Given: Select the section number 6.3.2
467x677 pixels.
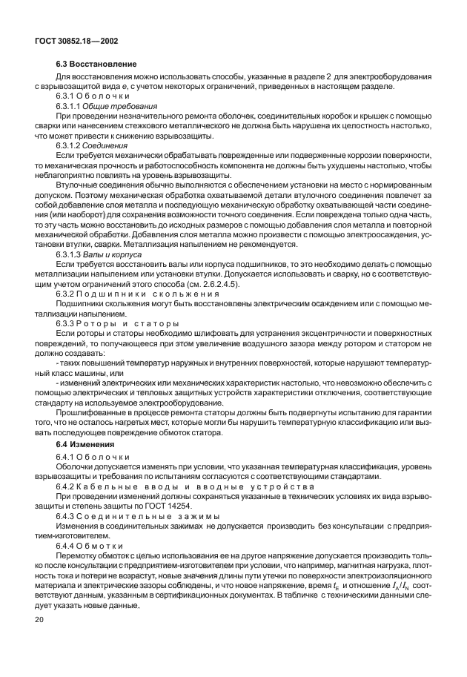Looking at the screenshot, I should [67, 294].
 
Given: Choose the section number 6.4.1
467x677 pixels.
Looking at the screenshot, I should [67, 456].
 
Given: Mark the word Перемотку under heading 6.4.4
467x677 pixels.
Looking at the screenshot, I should [76, 555].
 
